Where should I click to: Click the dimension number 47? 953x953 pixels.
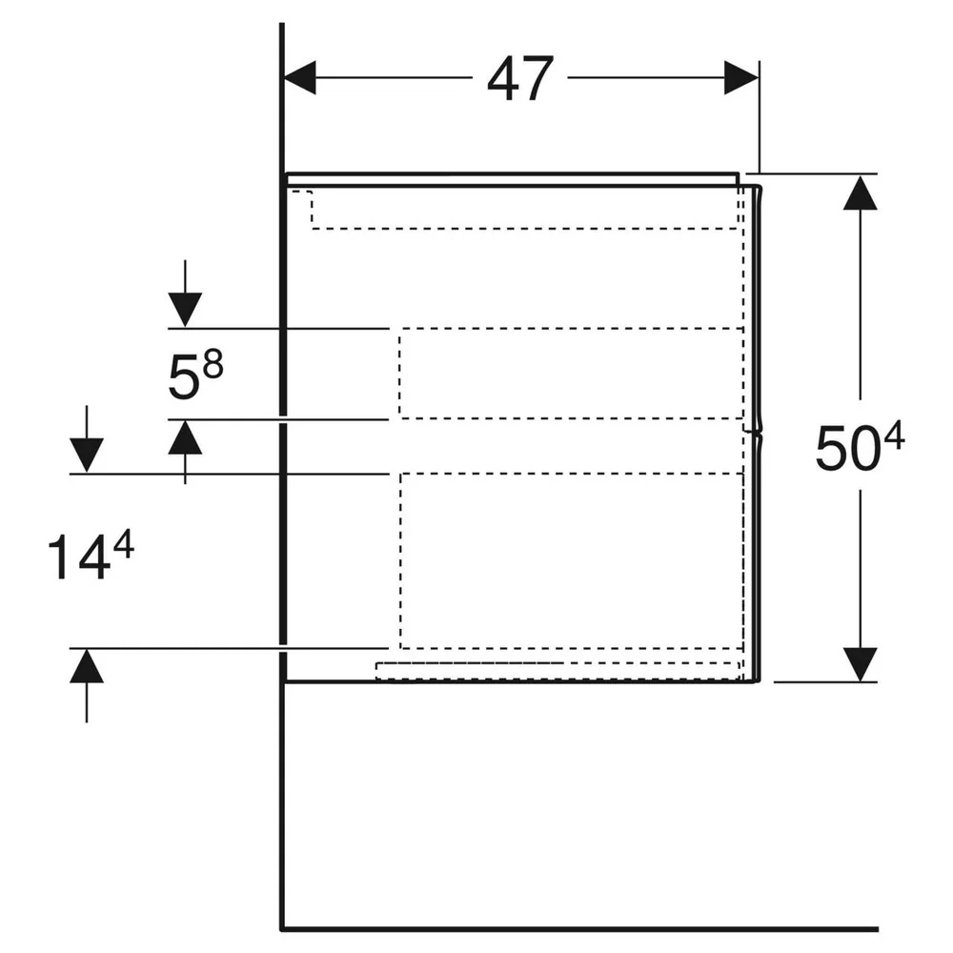click(x=520, y=78)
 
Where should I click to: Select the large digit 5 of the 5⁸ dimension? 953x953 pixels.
click(x=184, y=377)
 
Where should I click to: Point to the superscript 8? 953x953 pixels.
click(x=213, y=365)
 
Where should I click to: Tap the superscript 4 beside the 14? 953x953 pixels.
click(x=123, y=544)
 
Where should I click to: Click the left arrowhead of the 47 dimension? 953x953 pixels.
click(x=300, y=78)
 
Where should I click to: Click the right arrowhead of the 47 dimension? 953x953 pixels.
click(x=740, y=78)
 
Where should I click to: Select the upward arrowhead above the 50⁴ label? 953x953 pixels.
click(x=860, y=193)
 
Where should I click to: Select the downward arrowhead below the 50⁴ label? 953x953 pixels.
click(x=860, y=664)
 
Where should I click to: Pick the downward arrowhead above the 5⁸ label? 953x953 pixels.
click(x=185, y=310)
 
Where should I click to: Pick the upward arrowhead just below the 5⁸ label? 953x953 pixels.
click(x=185, y=437)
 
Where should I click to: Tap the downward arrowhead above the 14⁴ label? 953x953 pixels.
click(x=87, y=456)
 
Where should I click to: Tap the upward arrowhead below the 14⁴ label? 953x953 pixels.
click(x=87, y=665)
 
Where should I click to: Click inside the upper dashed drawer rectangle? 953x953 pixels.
click(x=571, y=374)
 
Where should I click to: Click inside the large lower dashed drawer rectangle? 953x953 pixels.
click(x=571, y=560)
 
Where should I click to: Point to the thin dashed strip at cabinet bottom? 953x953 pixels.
click(x=558, y=671)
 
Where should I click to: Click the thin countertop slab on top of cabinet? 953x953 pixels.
click(x=513, y=179)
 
